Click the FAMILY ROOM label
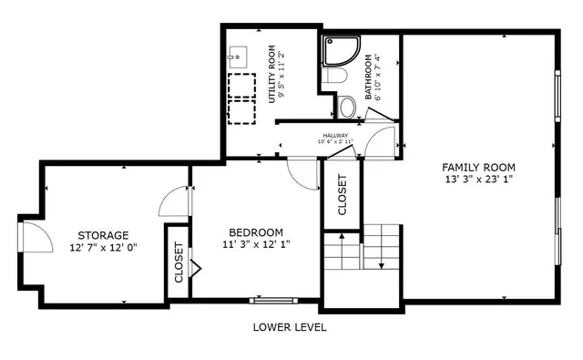(x=478, y=167)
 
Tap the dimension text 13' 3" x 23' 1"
(x=478, y=180)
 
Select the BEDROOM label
(x=255, y=231)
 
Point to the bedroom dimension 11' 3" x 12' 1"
(x=255, y=244)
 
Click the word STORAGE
(x=102, y=234)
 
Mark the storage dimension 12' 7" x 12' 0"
(x=102, y=247)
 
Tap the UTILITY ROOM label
(x=271, y=72)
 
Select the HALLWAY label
(x=333, y=136)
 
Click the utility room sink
(x=237, y=57)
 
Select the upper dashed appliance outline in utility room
(x=241, y=82)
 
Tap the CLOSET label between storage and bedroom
(x=179, y=262)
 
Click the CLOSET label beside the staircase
(x=343, y=194)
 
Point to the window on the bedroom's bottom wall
(x=272, y=299)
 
